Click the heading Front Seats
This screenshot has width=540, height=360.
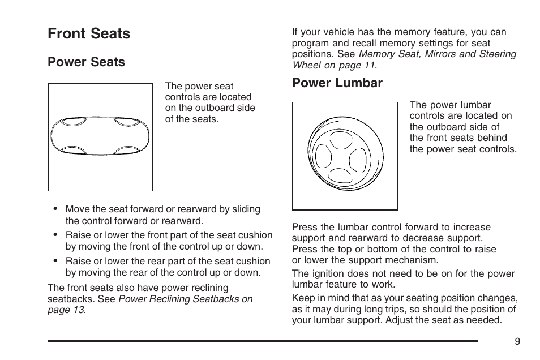(89, 34)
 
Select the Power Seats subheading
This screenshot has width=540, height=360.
(86, 62)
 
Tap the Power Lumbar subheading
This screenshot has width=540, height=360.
(337, 83)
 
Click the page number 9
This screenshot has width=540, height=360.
(517, 341)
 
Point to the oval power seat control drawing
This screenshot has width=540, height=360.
(100, 136)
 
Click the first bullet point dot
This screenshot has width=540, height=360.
(55, 209)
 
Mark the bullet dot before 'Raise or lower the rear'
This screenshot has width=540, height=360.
(55, 261)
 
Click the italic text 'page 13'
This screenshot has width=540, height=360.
(66, 310)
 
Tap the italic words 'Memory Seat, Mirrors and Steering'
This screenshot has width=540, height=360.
(437, 54)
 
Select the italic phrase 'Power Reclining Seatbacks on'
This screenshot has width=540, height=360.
(185, 299)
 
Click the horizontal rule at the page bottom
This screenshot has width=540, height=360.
(263, 341)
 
